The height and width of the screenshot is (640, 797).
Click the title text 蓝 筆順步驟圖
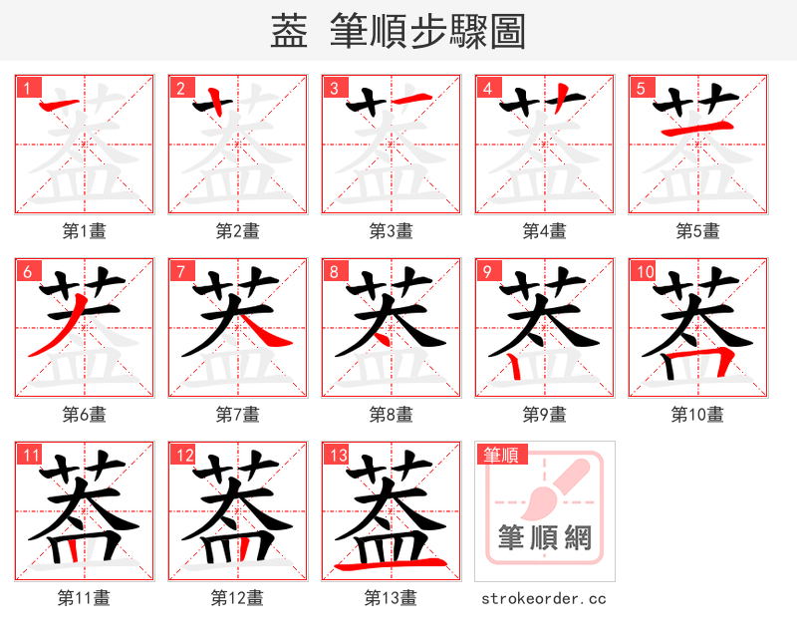tap(398, 32)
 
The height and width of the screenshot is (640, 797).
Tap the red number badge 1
tap(25, 88)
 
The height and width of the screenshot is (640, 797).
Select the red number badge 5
tap(639, 88)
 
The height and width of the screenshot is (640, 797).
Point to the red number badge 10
tap(643, 271)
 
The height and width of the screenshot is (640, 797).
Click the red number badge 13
tap(336, 455)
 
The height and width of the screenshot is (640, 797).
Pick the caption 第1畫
tap(84, 230)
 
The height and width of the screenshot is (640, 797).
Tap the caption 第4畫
tap(544, 230)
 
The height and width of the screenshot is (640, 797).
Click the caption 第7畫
tap(237, 414)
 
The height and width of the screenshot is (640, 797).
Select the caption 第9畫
tap(544, 414)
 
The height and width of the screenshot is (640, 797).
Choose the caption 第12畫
tap(237, 597)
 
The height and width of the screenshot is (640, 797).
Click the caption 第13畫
tap(391, 597)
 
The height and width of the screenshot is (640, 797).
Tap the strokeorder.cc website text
tap(544, 598)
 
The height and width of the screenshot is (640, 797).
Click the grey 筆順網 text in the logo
tap(545, 538)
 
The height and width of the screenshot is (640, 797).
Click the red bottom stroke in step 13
tap(391, 565)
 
